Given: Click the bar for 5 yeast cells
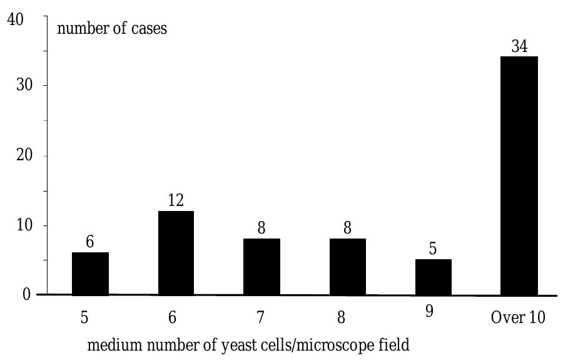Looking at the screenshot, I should click(90, 274).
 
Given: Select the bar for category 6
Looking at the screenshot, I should click(176, 253).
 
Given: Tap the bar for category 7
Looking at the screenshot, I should click(261, 267).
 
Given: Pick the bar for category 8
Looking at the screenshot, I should click(347, 267).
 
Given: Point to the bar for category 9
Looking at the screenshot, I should click(433, 277).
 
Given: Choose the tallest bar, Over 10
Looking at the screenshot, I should click(519, 176).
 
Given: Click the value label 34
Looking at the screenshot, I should click(519, 46).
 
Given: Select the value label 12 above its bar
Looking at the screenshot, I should click(176, 201).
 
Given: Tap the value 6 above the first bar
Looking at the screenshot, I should click(90, 242).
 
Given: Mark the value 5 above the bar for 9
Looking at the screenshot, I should click(433, 249).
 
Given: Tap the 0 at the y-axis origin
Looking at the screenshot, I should click(26, 294).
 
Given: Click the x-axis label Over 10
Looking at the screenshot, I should click(518, 317).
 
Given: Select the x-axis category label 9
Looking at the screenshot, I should click(429, 312).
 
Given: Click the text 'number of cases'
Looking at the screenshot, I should click(112, 28).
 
